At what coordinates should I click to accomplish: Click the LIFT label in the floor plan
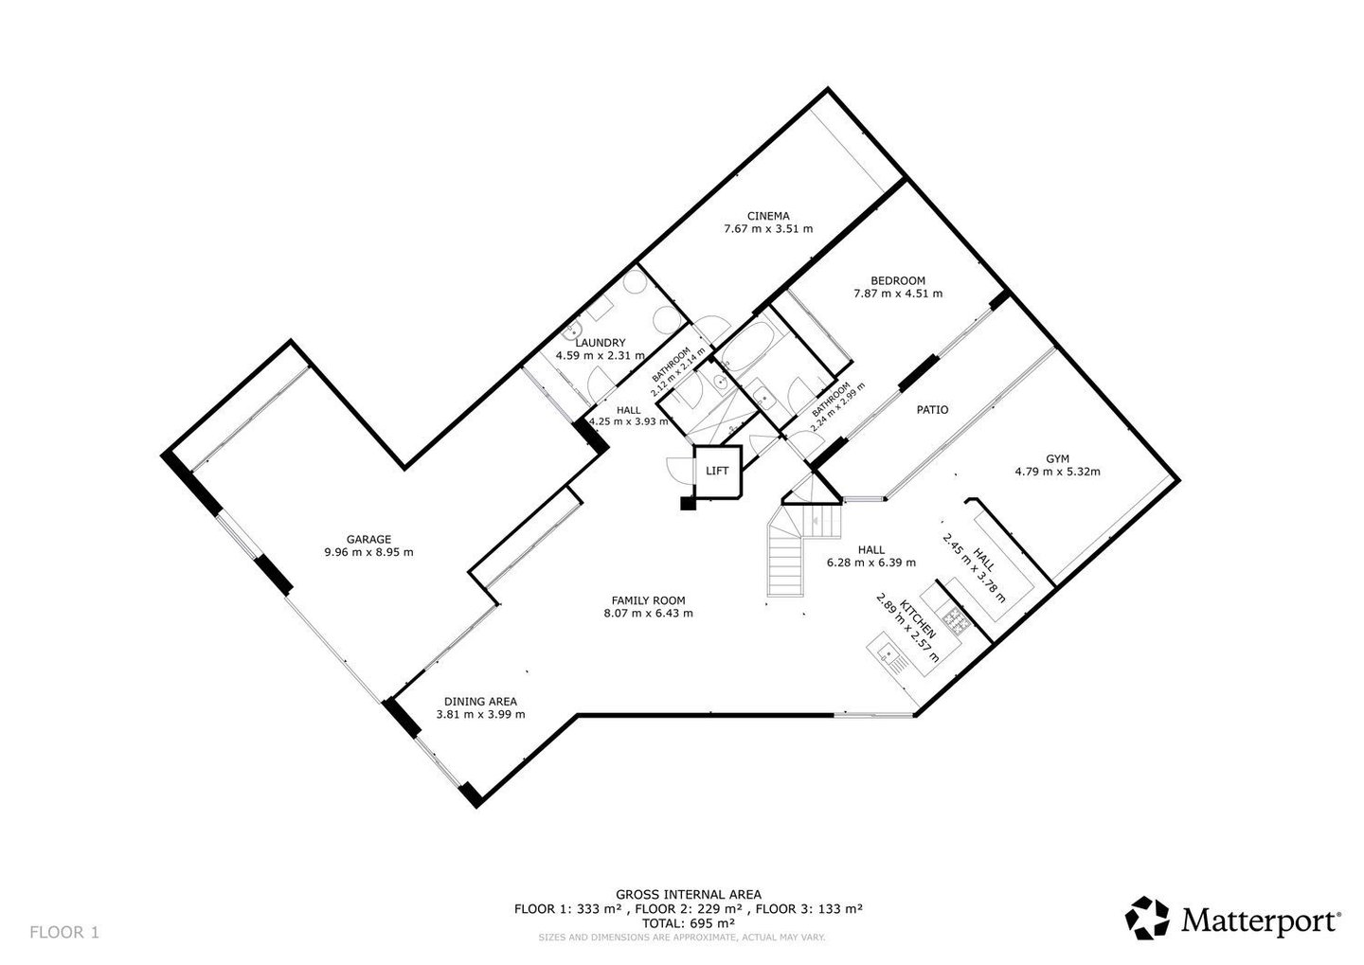pos(717,471)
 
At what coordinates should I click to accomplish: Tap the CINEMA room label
pos(768,216)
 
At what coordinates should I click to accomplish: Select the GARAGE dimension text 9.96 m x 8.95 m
pos(369,552)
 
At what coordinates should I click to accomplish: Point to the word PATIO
pos(932,410)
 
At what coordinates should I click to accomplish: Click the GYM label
pos(1058,458)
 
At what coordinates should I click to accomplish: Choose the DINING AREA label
pos(480,702)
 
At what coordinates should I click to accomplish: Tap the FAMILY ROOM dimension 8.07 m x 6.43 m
pos(649,613)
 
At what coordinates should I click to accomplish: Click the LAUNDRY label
pos(601,343)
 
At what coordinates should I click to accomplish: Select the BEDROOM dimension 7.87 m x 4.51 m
pos(898,294)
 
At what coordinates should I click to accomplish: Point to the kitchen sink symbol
pos(888,656)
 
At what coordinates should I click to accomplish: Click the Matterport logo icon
pos(1147,918)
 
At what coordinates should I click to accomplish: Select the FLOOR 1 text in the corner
pos(64,932)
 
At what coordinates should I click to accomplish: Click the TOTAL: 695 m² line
pos(688,923)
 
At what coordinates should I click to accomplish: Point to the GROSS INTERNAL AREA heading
pos(688,894)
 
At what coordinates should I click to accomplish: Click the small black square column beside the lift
pos(688,503)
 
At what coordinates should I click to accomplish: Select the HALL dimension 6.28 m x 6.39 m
pos(870,563)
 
